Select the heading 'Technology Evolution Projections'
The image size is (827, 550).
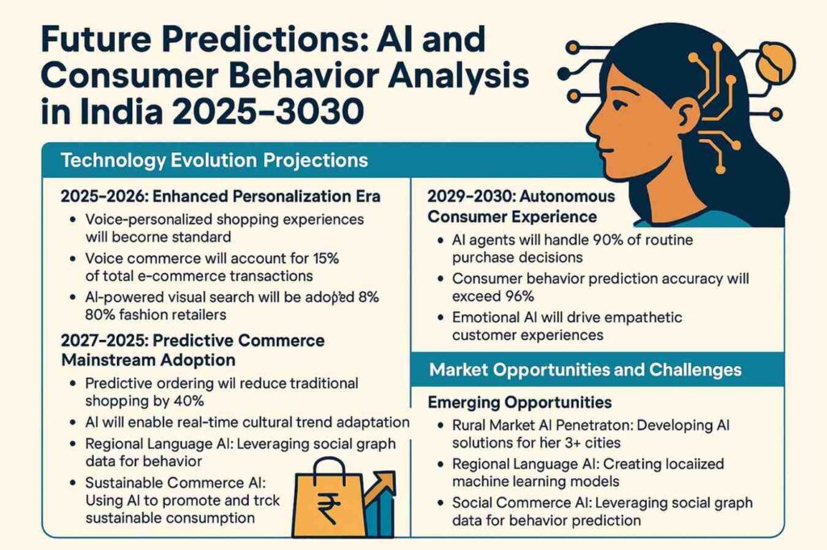point(214,160)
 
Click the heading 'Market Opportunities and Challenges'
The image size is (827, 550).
point(586,370)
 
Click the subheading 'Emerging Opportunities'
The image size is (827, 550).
point(519,401)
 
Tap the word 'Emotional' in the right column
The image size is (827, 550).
point(482,317)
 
